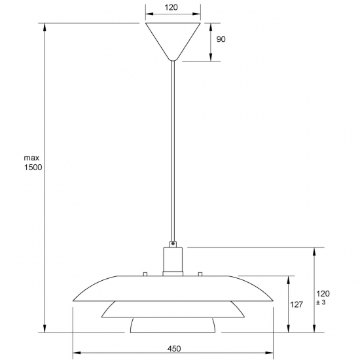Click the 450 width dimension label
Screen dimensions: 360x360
pyautogui.click(x=174, y=349)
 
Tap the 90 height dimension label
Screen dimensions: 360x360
pyautogui.click(x=221, y=39)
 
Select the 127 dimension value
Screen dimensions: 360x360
pyautogui.click(x=297, y=304)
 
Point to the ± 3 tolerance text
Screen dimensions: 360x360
pyautogui.click(x=321, y=302)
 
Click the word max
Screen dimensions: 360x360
pyautogui.click(x=31, y=158)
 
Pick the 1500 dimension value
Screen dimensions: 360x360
pyautogui.click(x=33, y=168)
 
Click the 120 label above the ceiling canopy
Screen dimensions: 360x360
pyautogui.click(x=171, y=7)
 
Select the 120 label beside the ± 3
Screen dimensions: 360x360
pyautogui.click(x=323, y=294)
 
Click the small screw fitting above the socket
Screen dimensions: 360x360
pyautogui.click(x=173, y=244)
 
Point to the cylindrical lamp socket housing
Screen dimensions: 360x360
pyautogui.click(x=173, y=261)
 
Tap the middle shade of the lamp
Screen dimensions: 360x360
pyautogui.click(x=173, y=309)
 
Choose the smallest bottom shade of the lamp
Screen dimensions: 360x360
pyautogui.click(x=173, y=325)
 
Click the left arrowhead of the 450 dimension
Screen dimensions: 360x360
pyautogui.click(x=77, y=353)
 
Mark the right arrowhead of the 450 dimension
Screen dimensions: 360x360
pyautogui.click(x=269, y=353)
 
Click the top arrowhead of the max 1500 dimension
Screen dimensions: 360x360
pyautogui.click(x=45, y=27)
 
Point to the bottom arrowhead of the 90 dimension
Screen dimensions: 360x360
pyautogui.click(x=211, y=57)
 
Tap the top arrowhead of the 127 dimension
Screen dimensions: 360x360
pyautogui.click(x=289, y=280)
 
